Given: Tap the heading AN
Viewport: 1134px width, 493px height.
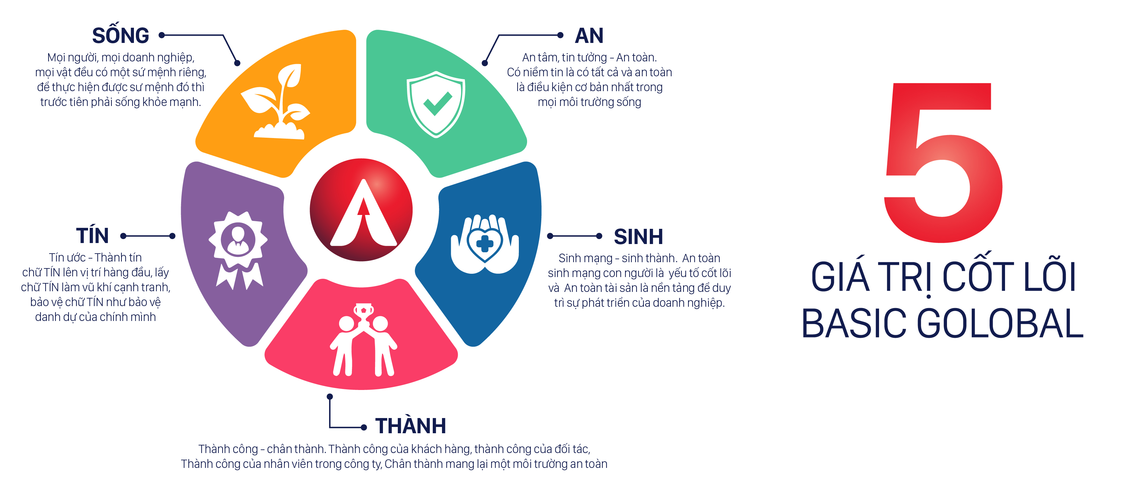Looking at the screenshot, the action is tap(589, 36).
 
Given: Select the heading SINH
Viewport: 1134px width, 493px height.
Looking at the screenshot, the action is tap(638, 236).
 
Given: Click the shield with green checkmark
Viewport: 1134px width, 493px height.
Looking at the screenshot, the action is tap(436, 104).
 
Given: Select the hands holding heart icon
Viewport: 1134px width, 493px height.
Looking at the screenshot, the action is tap(485, 244).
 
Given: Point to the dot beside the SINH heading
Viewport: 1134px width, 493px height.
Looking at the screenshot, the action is tap(599, 236).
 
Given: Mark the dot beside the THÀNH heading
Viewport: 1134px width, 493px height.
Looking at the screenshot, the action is tap(363, 427).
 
